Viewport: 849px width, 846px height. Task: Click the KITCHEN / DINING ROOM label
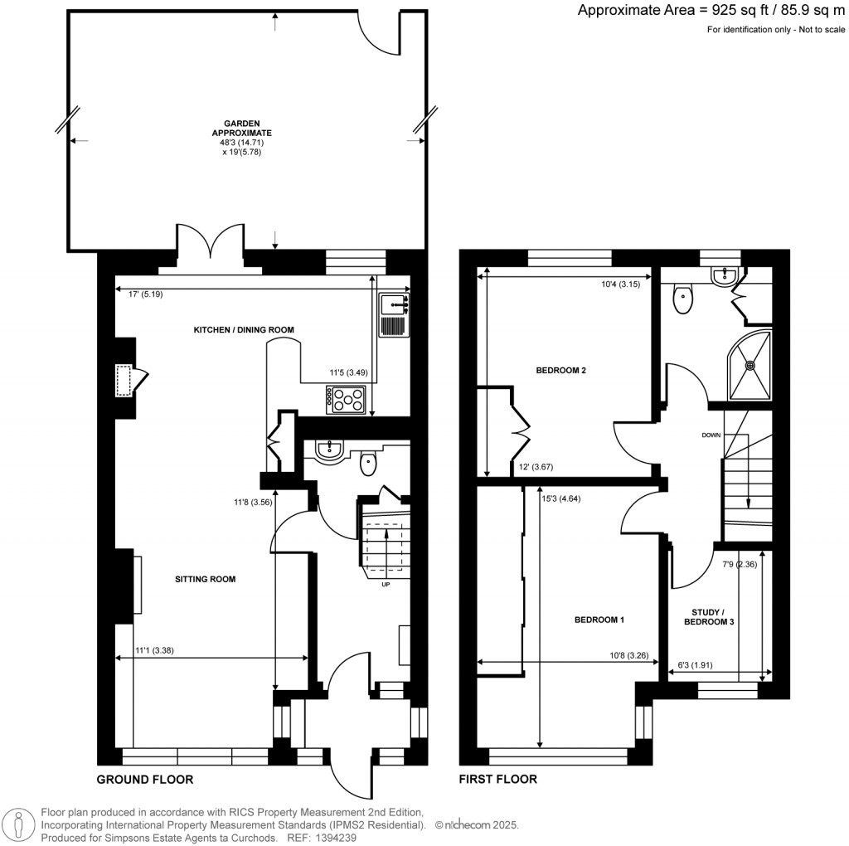[x=244, y=330]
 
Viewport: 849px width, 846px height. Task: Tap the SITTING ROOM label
[x=205, y=579]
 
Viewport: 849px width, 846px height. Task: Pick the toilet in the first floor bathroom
[x=684, y=299]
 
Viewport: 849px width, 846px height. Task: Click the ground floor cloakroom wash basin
[x=329, y=449]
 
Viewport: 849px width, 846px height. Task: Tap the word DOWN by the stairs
[x=711, y=435]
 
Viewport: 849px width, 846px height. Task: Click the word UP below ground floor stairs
[x=385, y=585]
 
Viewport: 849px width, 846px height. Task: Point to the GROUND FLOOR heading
[x=145, y=780]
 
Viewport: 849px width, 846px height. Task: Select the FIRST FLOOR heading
[x=498, y=780]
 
